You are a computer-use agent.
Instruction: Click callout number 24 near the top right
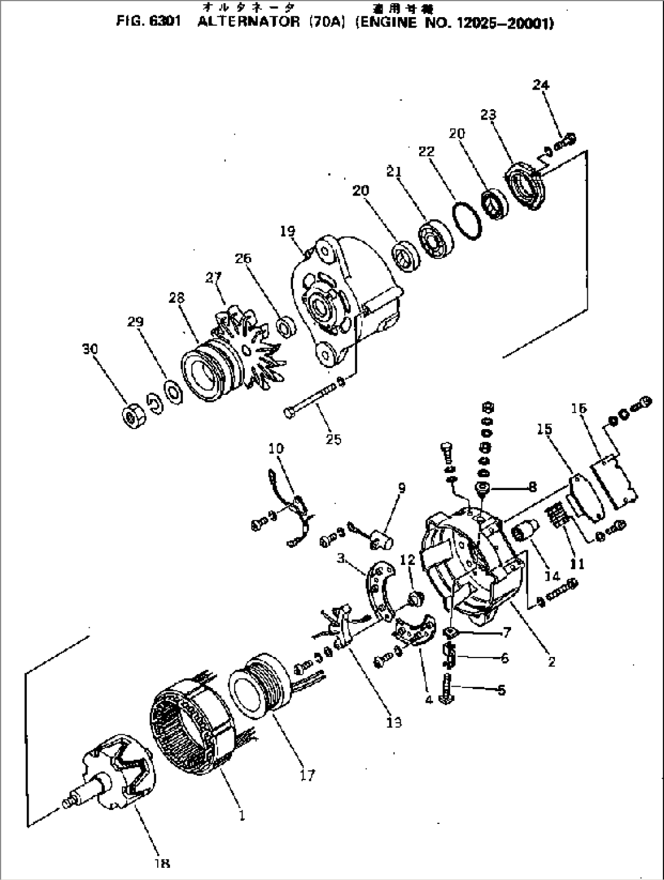[x=540, y=85]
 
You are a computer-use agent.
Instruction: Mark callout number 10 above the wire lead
[x=276, y=449]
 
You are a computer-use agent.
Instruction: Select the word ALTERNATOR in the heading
[x=250, y=23]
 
